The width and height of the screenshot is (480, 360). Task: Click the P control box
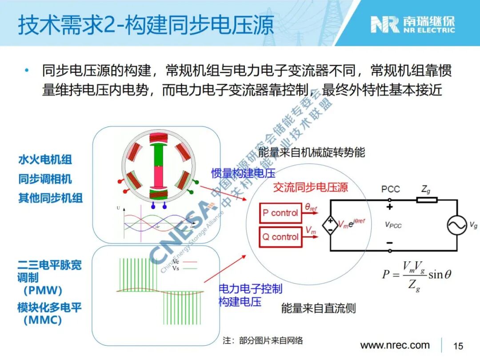[280, 213]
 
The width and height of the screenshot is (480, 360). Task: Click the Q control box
[280, 237]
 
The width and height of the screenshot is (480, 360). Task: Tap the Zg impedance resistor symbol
[427, 200]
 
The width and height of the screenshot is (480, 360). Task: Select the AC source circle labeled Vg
[457, 225]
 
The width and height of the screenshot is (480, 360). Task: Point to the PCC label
[390, 189]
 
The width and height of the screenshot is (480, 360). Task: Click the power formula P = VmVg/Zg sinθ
[416, 275]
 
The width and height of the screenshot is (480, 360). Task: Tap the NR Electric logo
[413, 24]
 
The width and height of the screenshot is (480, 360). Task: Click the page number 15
[458, 346]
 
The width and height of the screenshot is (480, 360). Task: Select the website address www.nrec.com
[395, 345]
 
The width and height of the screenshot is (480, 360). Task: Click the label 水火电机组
[45, 160]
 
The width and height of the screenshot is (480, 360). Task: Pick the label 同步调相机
[45, 179]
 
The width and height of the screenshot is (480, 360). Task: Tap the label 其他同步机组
[50, 198]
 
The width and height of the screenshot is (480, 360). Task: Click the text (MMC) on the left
[42, 320]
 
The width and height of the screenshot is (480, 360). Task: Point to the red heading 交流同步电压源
[310, 187]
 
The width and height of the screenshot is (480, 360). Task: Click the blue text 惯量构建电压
[243, 173]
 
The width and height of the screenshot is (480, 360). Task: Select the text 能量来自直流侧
[318, 308]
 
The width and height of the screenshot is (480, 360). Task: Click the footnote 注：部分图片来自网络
[263, 340]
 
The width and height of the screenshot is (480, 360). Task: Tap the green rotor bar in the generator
[157, 155]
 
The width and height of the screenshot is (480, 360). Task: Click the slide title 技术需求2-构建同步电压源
[146, 25]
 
